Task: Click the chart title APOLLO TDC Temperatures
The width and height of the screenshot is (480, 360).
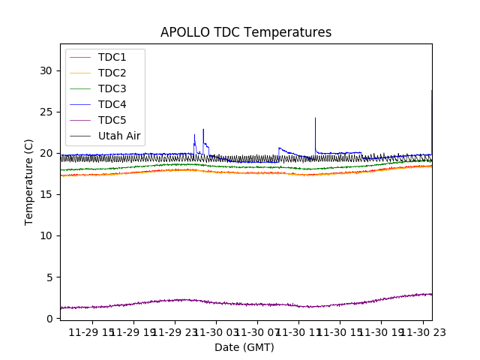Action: (246, 32)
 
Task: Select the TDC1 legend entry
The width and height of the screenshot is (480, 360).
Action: (112, 57)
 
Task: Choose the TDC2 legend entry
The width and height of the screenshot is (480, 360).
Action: (112, 73)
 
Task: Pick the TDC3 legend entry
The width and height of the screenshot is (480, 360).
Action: (112, 88)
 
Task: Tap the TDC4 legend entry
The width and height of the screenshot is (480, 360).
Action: (112, 104)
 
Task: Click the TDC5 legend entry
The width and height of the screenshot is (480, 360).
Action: (112, 120)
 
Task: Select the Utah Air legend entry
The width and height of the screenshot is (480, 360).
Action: (119, 136)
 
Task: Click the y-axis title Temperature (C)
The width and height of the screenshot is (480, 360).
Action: (29, 181)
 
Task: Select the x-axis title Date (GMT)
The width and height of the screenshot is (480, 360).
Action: (244, 347)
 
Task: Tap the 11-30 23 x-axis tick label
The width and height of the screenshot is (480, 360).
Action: (421, 332)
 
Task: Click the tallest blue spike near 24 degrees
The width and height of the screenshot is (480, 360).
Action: (315, 118)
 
